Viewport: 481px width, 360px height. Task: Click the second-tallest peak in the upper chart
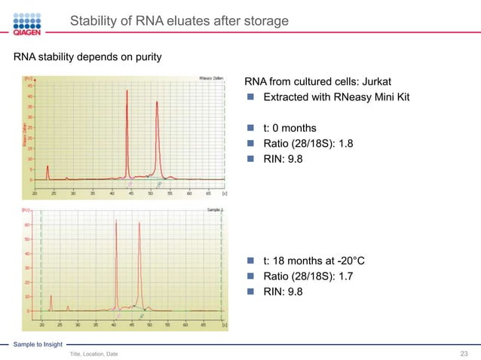click(158, 102)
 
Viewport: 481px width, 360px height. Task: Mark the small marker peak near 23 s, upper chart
click(47, 167)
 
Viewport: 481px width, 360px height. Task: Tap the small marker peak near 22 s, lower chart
click(51, 296)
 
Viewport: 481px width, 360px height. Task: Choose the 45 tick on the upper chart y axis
click(29, 85)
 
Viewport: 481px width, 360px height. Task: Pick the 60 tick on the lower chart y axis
click(29, 224)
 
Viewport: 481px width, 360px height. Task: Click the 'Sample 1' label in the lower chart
click(213, 210)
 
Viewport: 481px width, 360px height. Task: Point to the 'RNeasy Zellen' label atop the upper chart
click(210, 78)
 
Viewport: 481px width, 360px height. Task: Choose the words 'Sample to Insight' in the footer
click(35, 343)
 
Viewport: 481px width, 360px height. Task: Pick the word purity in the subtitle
click(144, 57)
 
